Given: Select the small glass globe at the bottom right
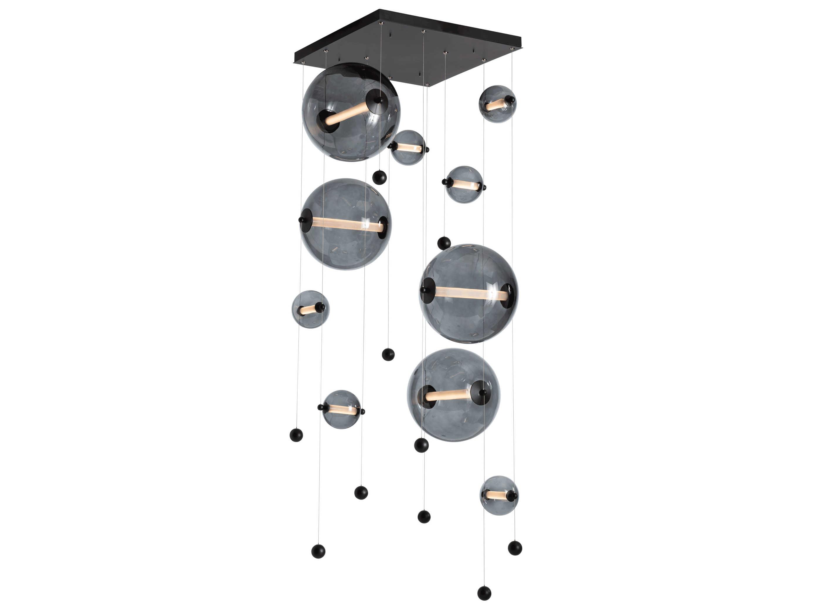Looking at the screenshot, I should coord(499,495).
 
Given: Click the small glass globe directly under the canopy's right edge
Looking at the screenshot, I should coord(497,104).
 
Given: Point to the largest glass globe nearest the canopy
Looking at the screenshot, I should coord(351,112).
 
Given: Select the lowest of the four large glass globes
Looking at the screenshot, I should coord(453,394).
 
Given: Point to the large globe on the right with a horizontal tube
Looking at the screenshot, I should coord(468,293).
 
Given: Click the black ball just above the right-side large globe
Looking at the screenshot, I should coord(444,243).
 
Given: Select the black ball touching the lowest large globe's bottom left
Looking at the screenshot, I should coord(421,445).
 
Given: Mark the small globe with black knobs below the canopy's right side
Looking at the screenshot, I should coord(464,184).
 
